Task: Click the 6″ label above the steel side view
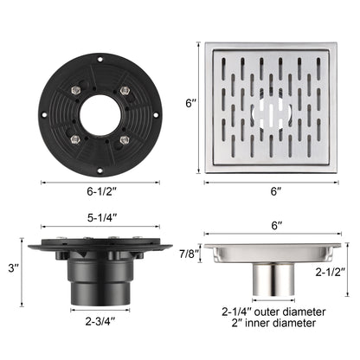coord(277,225)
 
